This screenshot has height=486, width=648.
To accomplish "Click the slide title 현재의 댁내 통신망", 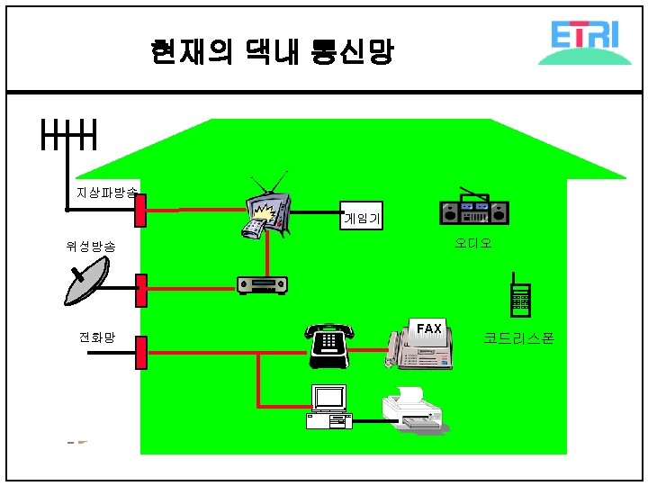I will point(272,52).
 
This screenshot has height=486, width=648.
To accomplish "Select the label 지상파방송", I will point(106,193).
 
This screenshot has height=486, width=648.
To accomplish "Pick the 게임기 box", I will point(361,216).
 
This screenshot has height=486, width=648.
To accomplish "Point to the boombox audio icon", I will point(473,210).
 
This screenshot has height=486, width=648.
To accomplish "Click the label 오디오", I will point(472,243).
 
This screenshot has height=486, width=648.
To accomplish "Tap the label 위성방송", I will point(90,246).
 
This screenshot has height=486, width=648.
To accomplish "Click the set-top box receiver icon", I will point(262,285).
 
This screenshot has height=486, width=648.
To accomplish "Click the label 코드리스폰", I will point(518,338).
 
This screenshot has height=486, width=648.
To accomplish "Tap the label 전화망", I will point(97,337).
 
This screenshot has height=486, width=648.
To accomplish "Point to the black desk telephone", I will point(328,345).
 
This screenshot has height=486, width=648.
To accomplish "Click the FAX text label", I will point(428,328).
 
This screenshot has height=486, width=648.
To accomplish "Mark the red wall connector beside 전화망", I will point(140,352).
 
